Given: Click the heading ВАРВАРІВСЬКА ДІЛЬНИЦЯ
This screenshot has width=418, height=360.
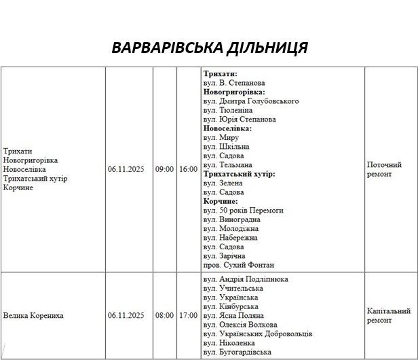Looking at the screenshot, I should (x=209, y=48).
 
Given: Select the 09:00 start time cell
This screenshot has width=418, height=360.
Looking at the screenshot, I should (x=164, y=169).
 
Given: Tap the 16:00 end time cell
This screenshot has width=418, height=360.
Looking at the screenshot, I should (x=189, y=169).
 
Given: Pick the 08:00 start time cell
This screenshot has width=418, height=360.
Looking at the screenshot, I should (x=164, y=316).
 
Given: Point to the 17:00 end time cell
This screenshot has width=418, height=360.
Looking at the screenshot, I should (x=189, y=316).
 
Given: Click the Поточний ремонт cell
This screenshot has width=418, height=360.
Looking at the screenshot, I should (x=384, y=169).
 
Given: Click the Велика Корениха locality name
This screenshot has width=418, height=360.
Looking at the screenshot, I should (x=33, y=316).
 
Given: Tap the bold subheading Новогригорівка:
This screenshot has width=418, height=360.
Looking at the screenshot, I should (x=234, y=92).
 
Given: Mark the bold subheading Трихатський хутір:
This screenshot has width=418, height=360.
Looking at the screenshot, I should (x=239, y=174).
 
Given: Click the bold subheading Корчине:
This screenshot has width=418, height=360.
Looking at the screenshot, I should (x=221, y=201).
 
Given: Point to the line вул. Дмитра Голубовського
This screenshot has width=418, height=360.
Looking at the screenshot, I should (x=251, y=101).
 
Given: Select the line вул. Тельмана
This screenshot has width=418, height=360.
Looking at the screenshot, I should (x=228, y=165).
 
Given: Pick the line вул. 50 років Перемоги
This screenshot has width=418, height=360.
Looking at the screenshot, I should (x=243, y=211).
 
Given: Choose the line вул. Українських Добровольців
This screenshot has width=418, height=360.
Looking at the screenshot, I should (x=258, y=334).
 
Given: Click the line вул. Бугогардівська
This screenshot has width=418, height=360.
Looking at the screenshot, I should (x=237, y=353).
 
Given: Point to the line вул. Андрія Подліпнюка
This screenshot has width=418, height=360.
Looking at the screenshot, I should (x=246, y=279).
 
